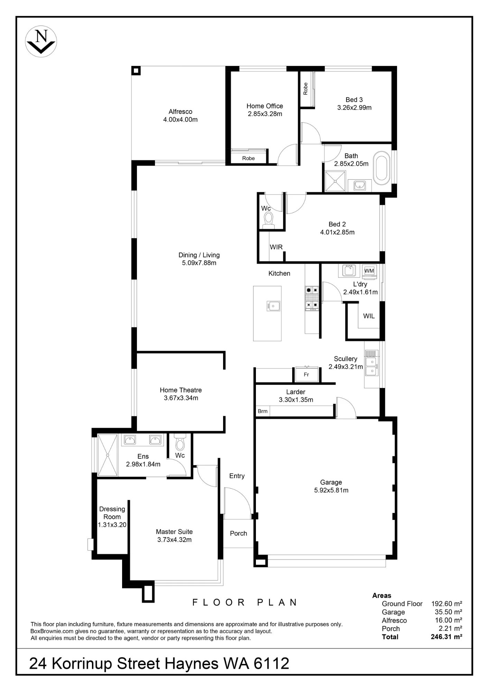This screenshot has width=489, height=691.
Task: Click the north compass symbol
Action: (x=41, y=41)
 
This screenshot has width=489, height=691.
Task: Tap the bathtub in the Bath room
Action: (x=382, y=168)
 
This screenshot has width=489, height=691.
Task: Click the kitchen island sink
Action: (x=273, y=306)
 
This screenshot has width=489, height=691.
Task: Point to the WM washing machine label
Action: (x=369, y=271)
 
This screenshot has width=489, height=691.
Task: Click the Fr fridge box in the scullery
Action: (x=306, y=374)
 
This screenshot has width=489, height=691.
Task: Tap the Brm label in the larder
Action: (x=262, y=411)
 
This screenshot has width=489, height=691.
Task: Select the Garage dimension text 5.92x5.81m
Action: (x=331, y=490)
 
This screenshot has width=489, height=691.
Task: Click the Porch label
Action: (x=239, y=533)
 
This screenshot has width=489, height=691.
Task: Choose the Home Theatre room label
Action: (x=181, y=390)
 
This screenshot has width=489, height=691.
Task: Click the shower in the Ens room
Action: (x=108, y=455)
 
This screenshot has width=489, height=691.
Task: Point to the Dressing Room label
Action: (x=112, y=513)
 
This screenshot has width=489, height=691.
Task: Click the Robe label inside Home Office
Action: (x=248, y=158)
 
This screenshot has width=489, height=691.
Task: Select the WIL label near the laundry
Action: (x=369, y=316)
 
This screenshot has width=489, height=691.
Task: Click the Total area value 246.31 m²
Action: (x=446, y=637)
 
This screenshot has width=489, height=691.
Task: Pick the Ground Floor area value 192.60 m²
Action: (x=447, y=604)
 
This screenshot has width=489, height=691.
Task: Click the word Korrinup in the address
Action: (x=82, y=664)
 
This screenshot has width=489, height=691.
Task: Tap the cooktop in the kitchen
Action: (x=312, y=297)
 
